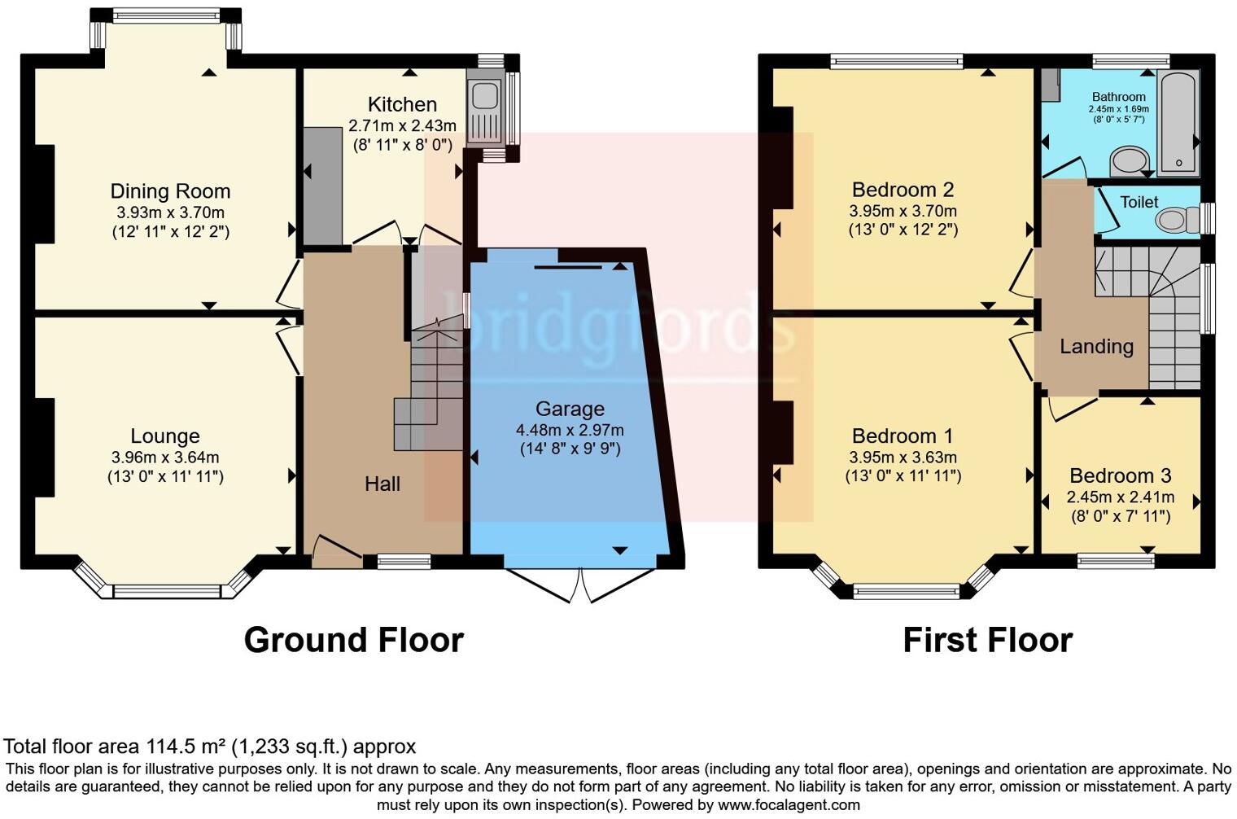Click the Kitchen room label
click(402, 104)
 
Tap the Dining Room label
click(170, 191)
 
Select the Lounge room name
click(165, 436)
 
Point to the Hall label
click(382, 484)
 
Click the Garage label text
click(570, 409)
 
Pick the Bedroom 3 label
click(1120, 476)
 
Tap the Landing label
click(1096, 347)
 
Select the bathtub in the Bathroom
click(1178, 124)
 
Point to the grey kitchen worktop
click(322, 186)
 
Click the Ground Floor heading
click(353, 641)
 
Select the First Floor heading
click(987, 641)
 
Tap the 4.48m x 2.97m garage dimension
click(570, 430)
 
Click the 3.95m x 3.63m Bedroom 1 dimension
click(903, 457)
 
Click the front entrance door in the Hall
click(335, 551)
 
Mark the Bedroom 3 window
click(1116, 560)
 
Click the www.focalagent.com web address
click(789, 805)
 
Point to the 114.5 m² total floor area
click(186, 747)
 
